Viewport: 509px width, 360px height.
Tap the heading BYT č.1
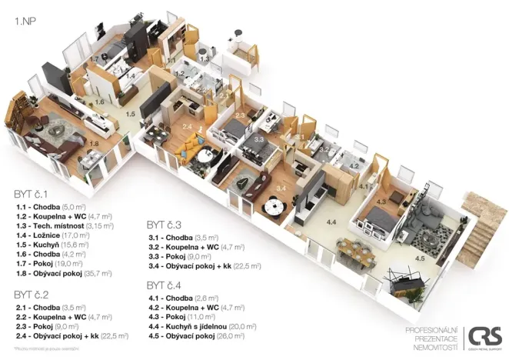pos(32,193)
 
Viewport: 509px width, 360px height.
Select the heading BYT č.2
pos(32,294)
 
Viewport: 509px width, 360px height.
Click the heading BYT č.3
pos(164,225)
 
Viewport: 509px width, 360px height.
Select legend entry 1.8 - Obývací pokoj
pos(62,272)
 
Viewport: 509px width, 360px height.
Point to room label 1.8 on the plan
pos(95,142)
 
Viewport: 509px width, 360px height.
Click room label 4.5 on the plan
pos(419,258)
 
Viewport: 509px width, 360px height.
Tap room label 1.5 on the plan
pos(131,114)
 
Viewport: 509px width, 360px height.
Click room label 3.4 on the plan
pos(281,187)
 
